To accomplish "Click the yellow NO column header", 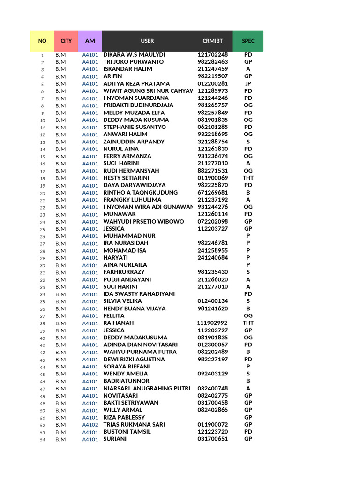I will (x=42, y=41).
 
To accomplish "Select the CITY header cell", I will (x=66, y=41).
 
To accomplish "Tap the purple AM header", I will (x=90, y=41).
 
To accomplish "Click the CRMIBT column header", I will (x=213, y=41).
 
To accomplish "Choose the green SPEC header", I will (x=248, y=41).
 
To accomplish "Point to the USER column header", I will (x=147, y=41).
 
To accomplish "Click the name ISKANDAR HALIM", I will (x=127, y=69).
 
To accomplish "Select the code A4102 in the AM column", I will (x=90, y=425).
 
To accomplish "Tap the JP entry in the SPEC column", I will (x=248, y=83).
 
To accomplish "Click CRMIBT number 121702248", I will (x=213, y=54).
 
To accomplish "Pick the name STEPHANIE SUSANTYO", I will (x=135, y=127).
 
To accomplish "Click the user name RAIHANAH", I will (x=119, y=323).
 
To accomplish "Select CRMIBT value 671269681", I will (x=213, y=192).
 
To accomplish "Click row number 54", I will (x=42, y=439).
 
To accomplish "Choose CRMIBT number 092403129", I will (x=213, y=374).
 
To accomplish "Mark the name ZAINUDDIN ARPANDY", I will (x=134, y=142).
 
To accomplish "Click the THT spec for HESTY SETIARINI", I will (x=248, y=178).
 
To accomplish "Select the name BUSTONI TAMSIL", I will (x=127, y=432).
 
